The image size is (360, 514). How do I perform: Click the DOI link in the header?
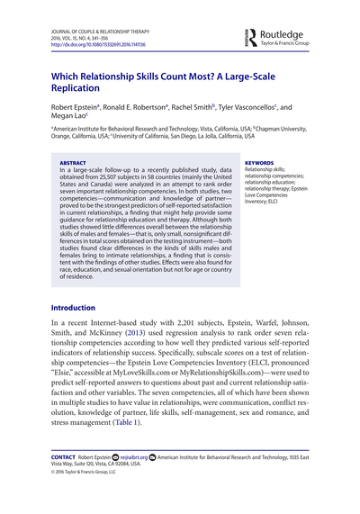(91, 45)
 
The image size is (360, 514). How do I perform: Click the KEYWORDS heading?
(260, 164)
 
